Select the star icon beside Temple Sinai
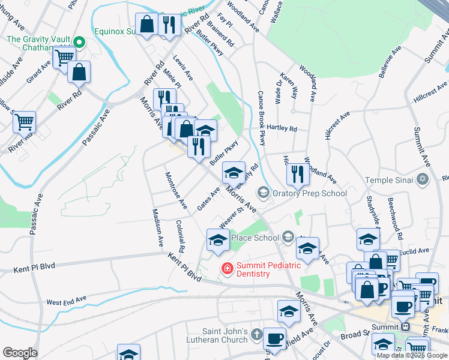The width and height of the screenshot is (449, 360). coord(423,180)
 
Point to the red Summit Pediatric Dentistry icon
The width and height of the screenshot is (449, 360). coord(228,268)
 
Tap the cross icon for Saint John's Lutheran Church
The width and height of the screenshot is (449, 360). coord(256,334)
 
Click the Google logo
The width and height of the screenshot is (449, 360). coord(20,353)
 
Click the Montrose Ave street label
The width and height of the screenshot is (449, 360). coord(176,191)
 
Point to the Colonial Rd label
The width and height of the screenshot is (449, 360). coord(180,235)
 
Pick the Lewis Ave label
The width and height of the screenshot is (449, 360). coord(182,68)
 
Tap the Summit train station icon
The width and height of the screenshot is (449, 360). coord(405,327)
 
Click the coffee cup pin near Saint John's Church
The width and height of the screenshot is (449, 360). coord(275,337)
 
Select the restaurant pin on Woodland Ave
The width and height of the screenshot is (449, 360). coord(298,173)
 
